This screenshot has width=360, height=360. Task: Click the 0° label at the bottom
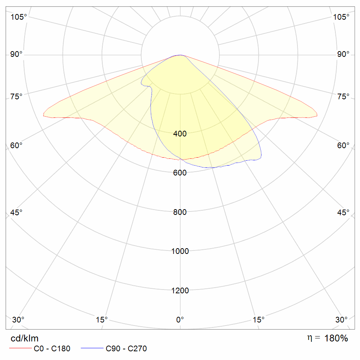(x=180, y=319)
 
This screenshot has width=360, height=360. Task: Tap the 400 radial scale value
(x=180, y=133)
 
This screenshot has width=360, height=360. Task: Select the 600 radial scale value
(x=180, y=173)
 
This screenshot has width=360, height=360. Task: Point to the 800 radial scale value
(x=180, y=212)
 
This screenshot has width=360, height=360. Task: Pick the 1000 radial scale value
(x=180, y=251)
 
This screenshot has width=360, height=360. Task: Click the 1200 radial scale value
(x=180, y=290)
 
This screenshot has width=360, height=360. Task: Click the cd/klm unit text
(x=24, y=338)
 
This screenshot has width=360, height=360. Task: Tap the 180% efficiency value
(x=336, y=338)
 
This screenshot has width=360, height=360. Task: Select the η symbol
(x=310, y=338)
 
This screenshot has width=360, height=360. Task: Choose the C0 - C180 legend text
(x=52, y=349)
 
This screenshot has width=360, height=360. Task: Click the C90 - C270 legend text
(x=126, y=349)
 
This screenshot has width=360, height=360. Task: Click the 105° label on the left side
(x=19, y=17)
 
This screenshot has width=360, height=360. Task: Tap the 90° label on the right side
(x=343, y=54)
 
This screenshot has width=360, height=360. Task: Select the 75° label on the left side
(x=16, y=96)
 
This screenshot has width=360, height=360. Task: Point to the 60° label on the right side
(x=343, y=146)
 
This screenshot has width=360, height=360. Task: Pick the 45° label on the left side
(x=16, y=212)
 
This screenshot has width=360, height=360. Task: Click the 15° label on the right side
(x=258, y=319)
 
